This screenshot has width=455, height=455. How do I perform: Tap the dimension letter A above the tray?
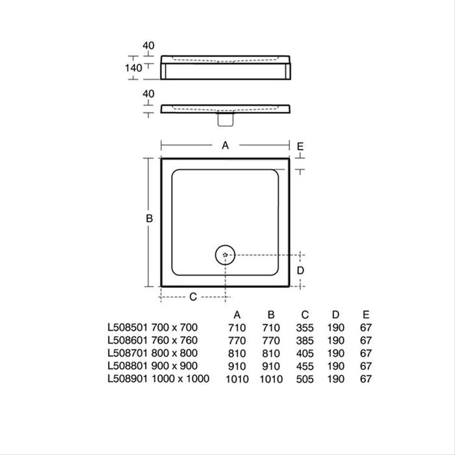[226, 146]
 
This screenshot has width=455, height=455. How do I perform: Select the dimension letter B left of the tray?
[149, 220]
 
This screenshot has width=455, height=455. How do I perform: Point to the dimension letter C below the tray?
[193, 297]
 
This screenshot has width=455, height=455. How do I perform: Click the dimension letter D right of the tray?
[300, 270]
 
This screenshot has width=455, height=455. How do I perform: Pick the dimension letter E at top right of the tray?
[300, 146]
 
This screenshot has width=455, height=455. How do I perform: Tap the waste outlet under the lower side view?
[226, 120]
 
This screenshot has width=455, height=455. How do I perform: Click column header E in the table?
[365, 315]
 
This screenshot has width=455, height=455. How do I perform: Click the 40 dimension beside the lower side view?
[148, 94]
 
